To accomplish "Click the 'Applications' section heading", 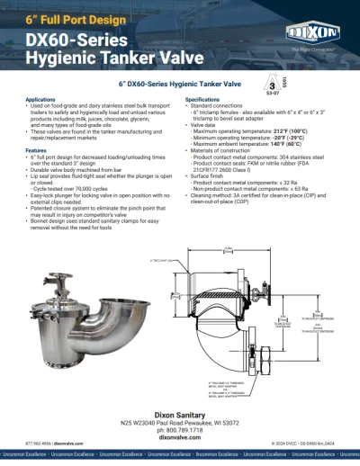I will click(47, 98).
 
